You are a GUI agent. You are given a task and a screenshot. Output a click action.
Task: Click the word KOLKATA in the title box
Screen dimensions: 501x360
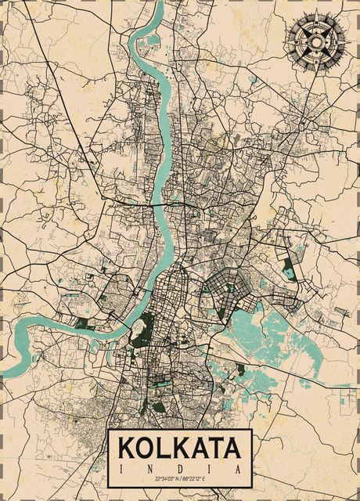tap(179, 448)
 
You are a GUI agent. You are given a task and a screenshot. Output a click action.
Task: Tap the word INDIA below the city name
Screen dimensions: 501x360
tap(179, 467)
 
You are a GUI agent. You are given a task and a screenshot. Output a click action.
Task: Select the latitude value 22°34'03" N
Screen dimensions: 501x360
tap(157, 478)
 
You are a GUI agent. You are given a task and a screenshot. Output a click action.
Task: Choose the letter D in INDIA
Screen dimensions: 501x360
tap(179, 467)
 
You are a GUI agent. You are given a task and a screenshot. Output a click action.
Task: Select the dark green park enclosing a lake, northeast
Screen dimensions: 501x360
tap(290, 270)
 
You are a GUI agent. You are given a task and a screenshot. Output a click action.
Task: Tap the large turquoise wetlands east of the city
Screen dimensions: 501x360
tap(266, 329)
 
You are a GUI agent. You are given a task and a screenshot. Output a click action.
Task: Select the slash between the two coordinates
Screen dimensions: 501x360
tap(179, 478)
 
